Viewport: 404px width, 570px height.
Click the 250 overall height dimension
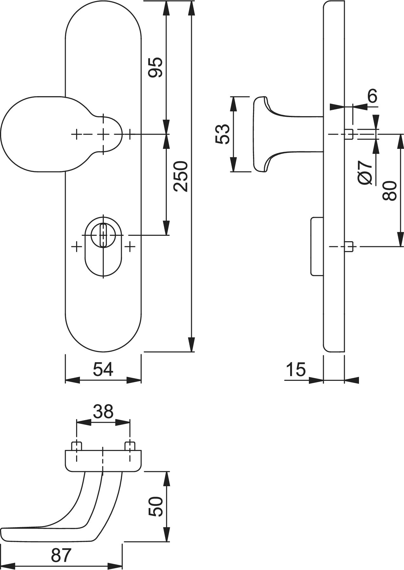coord(181,176)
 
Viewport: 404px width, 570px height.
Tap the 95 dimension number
coord(156,67)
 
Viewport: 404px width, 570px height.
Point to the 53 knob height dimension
coord(222,134)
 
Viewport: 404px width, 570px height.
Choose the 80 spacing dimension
coord(389,190)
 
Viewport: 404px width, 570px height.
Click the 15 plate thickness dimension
coord(296,369)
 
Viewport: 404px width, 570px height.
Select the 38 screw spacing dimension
coord(103,412)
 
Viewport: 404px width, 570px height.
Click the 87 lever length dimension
coord(61,555)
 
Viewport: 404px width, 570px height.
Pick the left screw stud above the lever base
coord(77,446)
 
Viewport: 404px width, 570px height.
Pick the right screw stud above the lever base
coord(130,446)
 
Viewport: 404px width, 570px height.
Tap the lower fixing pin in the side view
coord(349,247)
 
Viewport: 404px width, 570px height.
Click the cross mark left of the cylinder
coord(76,247)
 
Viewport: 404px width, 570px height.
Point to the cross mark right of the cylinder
coord(130,247)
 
